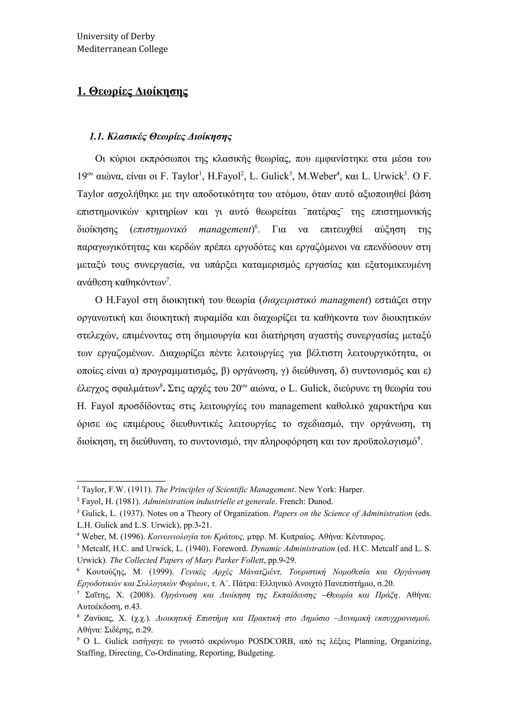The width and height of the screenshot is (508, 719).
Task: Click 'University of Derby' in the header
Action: [x=116, y=37]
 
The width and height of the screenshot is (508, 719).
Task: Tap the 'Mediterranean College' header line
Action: [x=122, y=49]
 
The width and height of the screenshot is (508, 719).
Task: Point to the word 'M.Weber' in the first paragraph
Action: [x=317, y=177]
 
